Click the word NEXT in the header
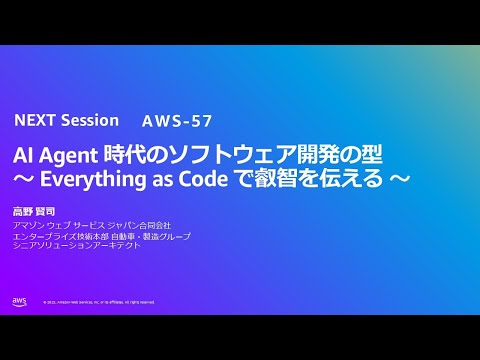click(x=34, y=120)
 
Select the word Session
click(x=89, y=120)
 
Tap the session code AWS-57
click(x=177, y=121)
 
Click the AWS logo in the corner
click(x=20, y=300)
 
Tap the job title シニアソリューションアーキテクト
click(x=76, y=246)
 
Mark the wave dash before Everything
click(x=22, y=180)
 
